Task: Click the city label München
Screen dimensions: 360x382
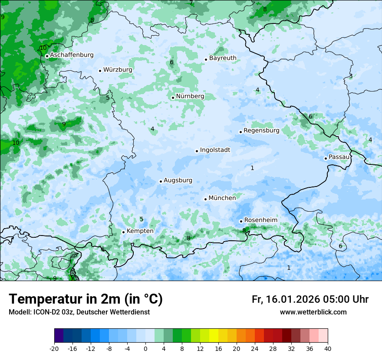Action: tap(222, 198)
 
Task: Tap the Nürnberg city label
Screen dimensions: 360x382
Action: tap(190, 96)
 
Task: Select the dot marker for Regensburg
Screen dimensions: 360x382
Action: tap(240, 132)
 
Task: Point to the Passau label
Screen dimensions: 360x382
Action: tap(339, 157)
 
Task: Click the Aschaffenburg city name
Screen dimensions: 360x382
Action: tap(72, 55)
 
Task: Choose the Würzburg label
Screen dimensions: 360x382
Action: tap(118, 70)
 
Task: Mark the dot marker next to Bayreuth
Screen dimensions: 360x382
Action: tap(206, 59)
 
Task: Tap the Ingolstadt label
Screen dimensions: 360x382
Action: tap(215, 150)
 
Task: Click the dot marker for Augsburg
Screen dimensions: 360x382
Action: tap(161, 181)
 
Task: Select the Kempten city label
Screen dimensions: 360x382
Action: tap(140, 231)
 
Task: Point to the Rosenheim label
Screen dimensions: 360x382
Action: tap(260, 220)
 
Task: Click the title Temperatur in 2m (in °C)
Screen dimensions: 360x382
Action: tap(86, 299)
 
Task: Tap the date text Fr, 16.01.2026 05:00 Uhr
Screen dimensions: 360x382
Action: tap(310, 299)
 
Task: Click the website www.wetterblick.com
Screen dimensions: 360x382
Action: tap(313, 312)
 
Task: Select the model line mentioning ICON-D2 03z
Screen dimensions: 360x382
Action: tap(79, 312)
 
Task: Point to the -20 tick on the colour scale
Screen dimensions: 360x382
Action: tap(54, 348)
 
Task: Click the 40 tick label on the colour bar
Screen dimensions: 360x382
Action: tap(327, 348)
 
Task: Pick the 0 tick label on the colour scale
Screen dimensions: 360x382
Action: tap(145, 348)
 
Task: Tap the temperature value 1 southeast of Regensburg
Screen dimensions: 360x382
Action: tap(252, 168)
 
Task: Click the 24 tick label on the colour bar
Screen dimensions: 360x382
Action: tap(255, 348)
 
